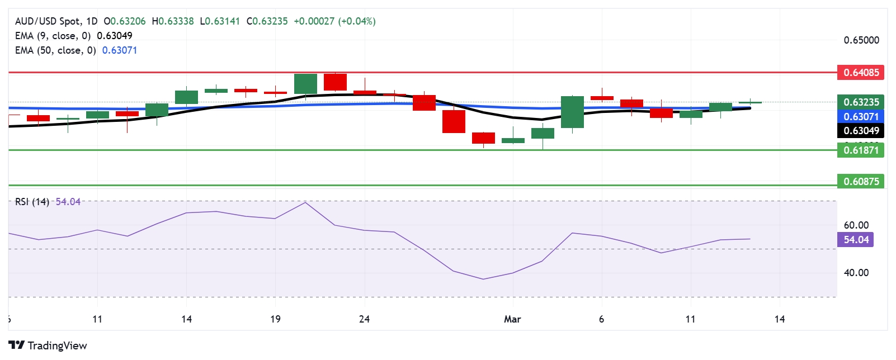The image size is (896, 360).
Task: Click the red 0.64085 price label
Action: [861, 72]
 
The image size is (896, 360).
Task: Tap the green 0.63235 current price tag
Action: [861, 102]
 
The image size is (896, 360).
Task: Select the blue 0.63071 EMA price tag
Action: [861, 116]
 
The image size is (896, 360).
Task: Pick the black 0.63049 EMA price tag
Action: [861, 131]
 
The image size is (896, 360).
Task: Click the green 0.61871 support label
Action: [861, 150]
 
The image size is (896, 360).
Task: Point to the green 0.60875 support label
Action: [861, 181]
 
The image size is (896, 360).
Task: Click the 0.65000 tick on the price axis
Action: [861, 40]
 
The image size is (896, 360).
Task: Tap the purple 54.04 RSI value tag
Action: [856, 240]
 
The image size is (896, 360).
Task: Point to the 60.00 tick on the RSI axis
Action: [856, 225]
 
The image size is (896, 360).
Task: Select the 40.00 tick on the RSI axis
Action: [856, 273]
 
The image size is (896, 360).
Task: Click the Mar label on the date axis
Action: [512, 319]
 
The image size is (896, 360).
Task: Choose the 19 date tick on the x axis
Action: [275, 319]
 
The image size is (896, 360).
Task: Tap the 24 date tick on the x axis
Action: [364, 319]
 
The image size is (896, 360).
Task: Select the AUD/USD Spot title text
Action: [48, 21]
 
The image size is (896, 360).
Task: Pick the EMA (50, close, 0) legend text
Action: [55, 50]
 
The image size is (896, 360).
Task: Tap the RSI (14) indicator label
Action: [32, 202]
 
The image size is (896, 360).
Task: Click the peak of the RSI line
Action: [305, 202]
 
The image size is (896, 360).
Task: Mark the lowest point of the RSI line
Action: [483, 279]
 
